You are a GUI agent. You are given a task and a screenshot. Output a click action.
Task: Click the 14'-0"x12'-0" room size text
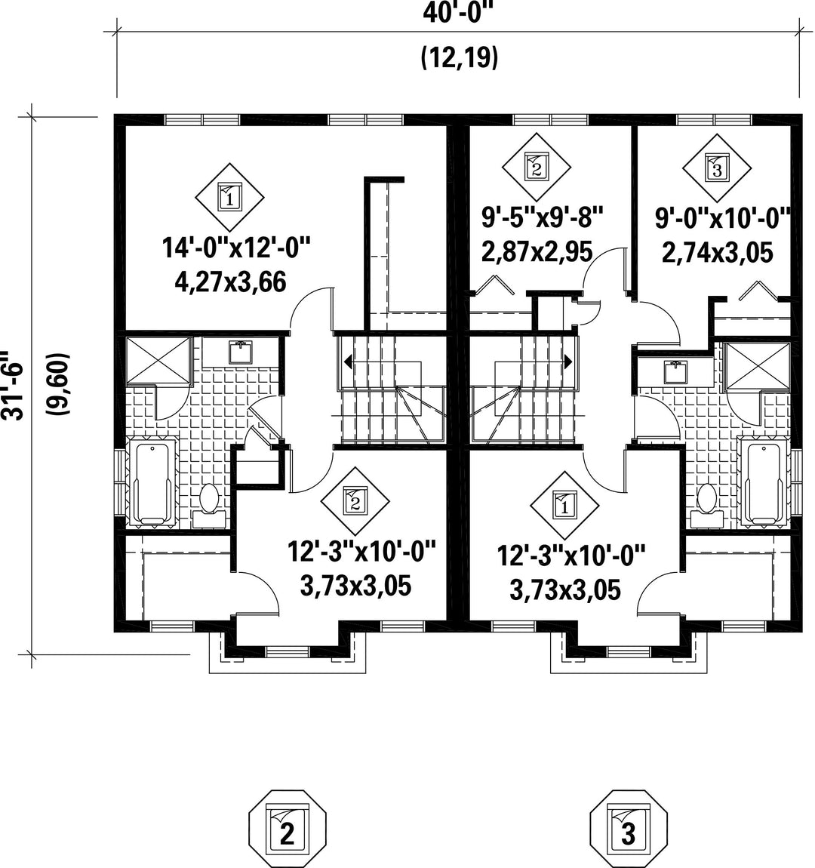(236, 247)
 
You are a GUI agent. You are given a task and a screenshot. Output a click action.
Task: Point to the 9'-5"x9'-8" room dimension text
(542, 217)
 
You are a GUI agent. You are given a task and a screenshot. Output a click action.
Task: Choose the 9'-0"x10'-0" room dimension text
(723, 219)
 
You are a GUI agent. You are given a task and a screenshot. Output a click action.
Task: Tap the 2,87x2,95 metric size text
(537, 251)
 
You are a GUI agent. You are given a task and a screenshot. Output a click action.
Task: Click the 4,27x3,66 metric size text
(231, 282)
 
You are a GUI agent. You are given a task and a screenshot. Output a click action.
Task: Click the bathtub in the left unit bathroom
(152, 483)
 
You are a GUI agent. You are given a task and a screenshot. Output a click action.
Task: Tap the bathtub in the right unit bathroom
(764, 481)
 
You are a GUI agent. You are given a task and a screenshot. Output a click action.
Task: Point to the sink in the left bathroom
(241, 353)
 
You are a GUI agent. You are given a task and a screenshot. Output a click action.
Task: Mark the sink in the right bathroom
(675, 372)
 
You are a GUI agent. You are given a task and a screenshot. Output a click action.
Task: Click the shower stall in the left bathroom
(159, 360)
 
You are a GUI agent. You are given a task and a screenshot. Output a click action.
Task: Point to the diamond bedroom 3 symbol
(716, 168)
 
